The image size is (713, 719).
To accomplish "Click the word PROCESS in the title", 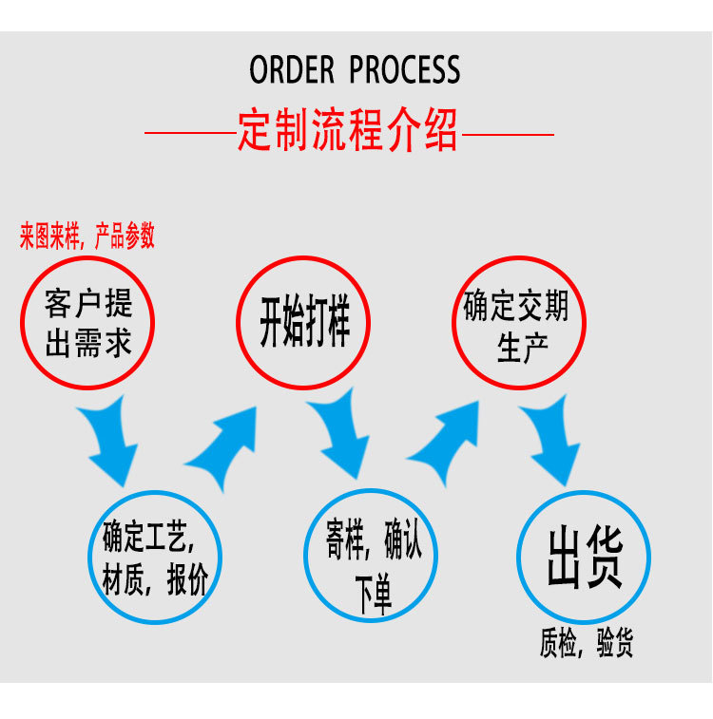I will point(405,70).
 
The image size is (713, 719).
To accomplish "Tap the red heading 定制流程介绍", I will point(348,131).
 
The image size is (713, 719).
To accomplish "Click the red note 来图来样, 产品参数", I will point(87,236).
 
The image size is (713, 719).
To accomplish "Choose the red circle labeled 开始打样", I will point(304,322).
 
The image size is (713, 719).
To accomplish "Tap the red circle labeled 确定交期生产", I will point(518,323).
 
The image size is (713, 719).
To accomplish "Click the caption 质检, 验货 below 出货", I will point(586,645).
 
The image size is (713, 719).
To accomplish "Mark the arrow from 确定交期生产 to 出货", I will point(556,443).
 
